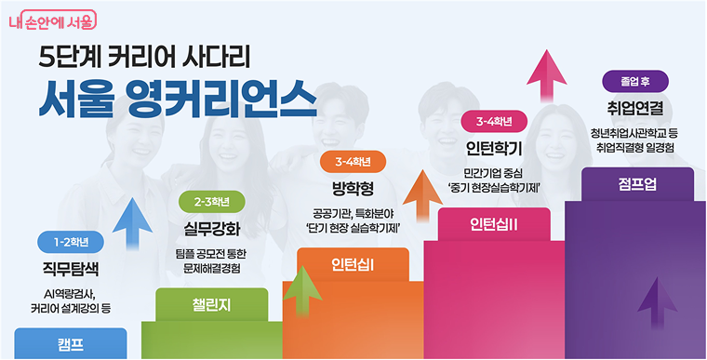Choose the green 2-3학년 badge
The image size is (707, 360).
(211, 202)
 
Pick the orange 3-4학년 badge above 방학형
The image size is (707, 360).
(353, 162)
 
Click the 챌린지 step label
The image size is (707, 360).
(211, 303)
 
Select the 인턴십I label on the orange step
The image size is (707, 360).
(353, 263)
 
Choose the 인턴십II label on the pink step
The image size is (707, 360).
(493, 223)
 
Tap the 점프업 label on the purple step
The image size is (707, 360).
(636, 183)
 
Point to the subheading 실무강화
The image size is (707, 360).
(212, 229)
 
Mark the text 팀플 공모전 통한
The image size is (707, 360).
(212, 253)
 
